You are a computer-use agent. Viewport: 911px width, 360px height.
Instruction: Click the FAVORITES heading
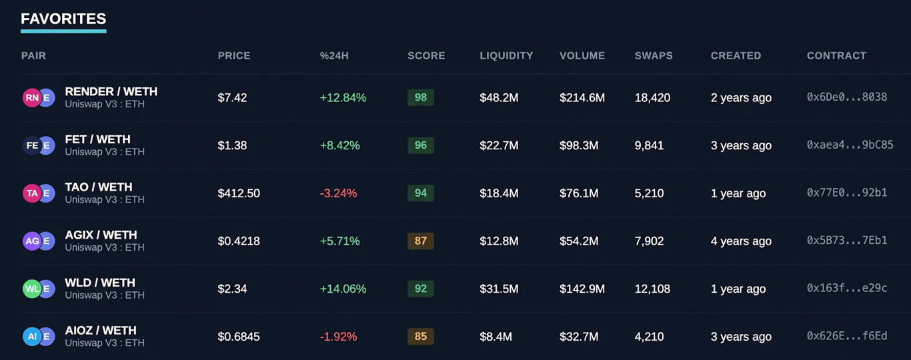pos(63,19)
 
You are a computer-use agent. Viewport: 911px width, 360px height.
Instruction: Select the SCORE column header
pos(426,55)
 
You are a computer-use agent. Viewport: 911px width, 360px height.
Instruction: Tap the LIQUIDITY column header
pos(506,55)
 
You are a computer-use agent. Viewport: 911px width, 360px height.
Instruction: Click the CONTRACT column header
pos(836,55)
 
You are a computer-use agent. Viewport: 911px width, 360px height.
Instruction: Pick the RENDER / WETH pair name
pos(111,91)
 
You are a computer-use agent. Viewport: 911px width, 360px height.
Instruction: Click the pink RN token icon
pos(32,97)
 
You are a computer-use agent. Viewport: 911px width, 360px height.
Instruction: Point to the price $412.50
pos(239,193)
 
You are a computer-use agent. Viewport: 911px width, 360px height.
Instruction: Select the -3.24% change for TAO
pos(338,193)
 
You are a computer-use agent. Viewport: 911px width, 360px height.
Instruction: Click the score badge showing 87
pos(421,241)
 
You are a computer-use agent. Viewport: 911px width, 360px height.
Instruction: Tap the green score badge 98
pos(421,97)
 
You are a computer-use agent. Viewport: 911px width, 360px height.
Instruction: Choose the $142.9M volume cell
pos(582,289)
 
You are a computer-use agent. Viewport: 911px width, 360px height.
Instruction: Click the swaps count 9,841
pos(649,145)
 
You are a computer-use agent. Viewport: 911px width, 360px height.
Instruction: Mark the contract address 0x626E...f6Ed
pos(847,336)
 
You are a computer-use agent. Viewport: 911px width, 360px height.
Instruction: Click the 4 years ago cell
pos(741,241)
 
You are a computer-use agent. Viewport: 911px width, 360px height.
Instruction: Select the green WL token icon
pos(32,289)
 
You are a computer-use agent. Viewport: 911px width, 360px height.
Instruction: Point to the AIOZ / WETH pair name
pos(101,331)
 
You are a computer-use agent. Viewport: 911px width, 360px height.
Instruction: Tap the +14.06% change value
pos(343,289)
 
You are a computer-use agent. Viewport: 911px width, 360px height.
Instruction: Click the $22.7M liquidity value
pos(499,145)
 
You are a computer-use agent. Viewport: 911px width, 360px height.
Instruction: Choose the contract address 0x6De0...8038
pos(847,97)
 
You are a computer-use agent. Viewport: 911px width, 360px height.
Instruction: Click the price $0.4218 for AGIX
pos(239,241)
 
